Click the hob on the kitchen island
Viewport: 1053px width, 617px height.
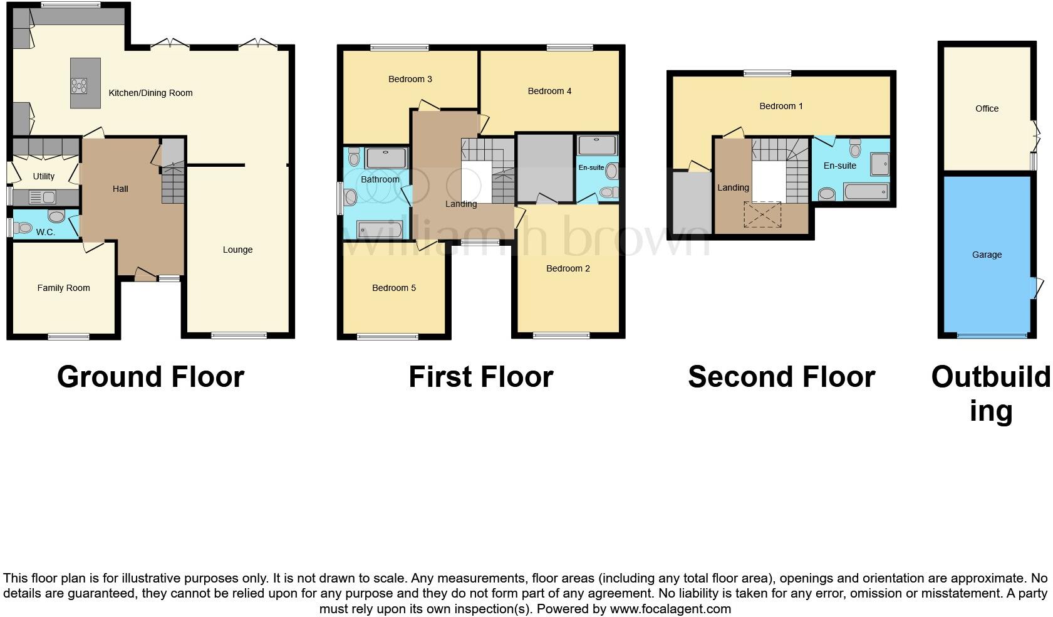tap(80, 85)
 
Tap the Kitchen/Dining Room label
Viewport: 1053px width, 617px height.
tap(150, 93)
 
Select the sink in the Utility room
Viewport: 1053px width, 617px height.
tap(42, 198)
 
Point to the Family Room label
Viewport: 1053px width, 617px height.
tap(63, 288)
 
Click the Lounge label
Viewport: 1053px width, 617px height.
tap(237, 250)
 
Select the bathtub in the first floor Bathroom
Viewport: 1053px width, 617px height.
tap(378, 229)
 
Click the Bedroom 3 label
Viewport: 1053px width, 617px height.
tap(410, 79)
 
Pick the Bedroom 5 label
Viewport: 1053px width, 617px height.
tap(393, 288)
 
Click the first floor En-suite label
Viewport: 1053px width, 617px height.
tap(591, 167)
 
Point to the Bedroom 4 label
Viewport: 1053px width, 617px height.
tap(549, 91)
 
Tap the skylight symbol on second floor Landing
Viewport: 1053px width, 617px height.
tap(762, 214)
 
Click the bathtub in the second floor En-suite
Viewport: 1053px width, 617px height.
tap(866, 191)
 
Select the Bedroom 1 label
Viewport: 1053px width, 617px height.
tap(781, 106)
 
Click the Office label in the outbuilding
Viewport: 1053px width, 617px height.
tap(987, 108)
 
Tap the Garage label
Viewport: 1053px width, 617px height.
tap(987, 255)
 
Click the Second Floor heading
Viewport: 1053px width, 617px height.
tap(781, 377)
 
